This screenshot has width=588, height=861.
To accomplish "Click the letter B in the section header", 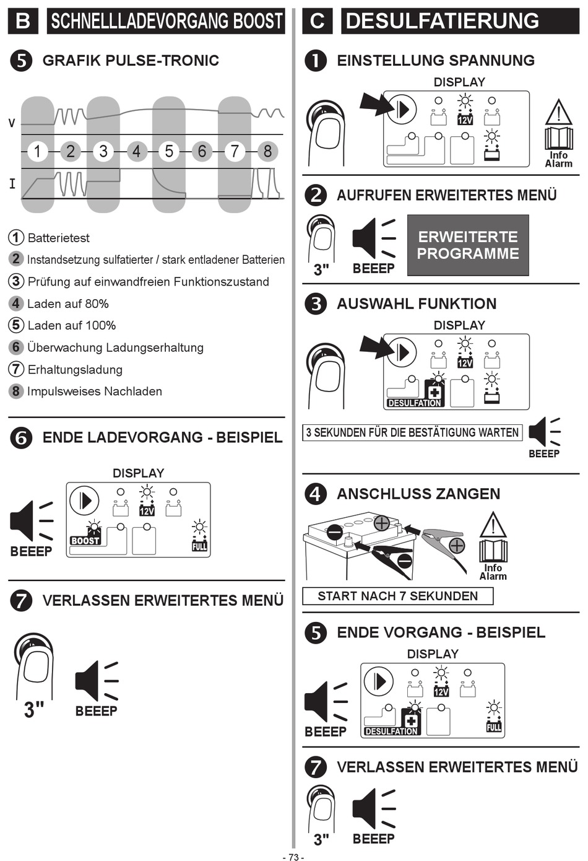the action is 23,21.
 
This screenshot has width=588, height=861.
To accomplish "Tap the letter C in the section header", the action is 318,21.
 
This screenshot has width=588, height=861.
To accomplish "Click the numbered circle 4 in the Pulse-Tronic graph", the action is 136,151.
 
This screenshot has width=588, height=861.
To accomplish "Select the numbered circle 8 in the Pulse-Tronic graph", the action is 267,151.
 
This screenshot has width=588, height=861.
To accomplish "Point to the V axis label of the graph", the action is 12,123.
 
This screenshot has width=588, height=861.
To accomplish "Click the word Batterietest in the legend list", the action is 59,238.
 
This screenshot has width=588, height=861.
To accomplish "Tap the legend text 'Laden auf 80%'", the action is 68,304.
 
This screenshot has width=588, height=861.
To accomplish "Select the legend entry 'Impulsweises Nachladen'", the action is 95,391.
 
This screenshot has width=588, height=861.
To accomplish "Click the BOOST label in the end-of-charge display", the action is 85,540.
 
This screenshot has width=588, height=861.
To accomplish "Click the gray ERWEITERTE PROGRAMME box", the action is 468,245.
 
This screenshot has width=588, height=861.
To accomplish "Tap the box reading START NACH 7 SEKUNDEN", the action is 397,596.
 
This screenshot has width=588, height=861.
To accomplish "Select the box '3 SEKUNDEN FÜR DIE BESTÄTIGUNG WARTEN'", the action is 412,432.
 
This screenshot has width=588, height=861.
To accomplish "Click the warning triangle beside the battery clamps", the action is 493,525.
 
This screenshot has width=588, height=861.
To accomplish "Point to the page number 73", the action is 293,857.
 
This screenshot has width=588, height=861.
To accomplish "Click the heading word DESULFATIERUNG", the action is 443,21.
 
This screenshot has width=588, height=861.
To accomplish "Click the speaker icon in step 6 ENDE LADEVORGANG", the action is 32,521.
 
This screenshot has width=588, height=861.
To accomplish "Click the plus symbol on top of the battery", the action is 382,523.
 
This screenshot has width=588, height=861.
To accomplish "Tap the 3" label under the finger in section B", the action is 34,710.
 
